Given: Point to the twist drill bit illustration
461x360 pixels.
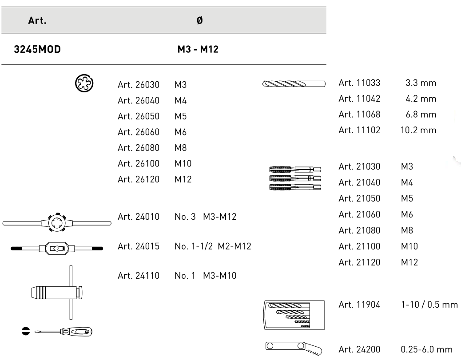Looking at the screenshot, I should coord(294,83).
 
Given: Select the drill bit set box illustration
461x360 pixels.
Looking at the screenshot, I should coord(292,315).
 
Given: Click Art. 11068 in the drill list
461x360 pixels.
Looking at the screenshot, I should coord(359,115).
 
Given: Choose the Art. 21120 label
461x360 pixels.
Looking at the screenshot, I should coord(359,262).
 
